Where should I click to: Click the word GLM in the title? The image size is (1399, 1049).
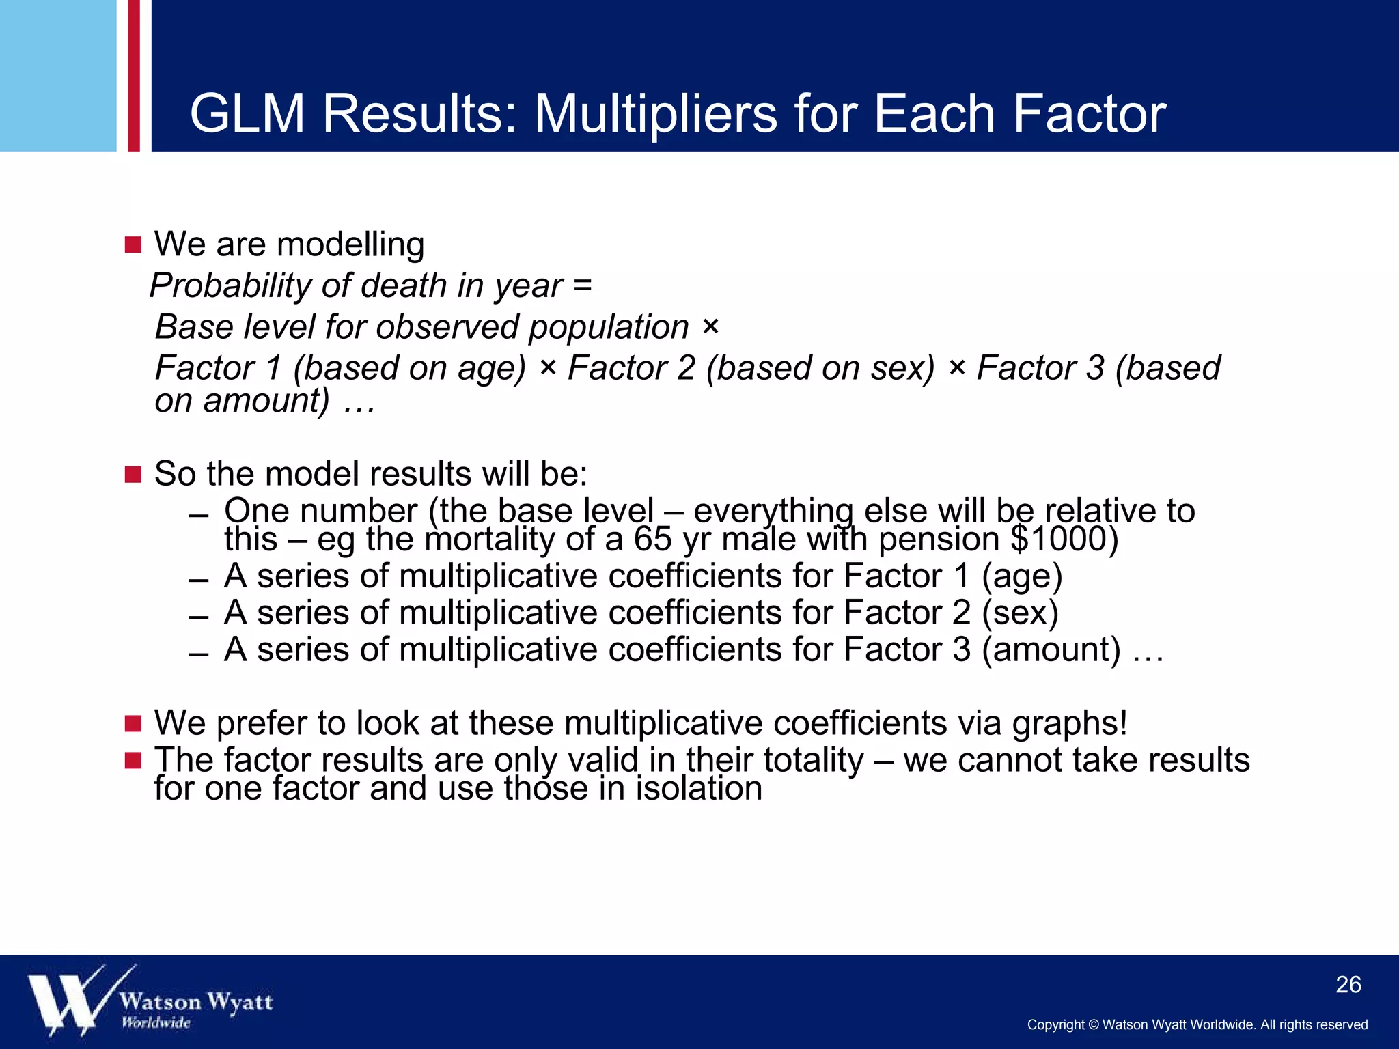pyautogui.click(x=247, y=114)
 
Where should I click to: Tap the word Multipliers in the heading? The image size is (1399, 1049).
pyautogui.click(x=655, y=114)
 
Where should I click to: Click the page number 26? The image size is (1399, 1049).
pyautogui.click(x=1348, y=985)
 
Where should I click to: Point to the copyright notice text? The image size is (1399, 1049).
pyautogui.click(x=1197, y=1024)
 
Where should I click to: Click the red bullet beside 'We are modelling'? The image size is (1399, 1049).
pyautogui.click(x=133, y=245)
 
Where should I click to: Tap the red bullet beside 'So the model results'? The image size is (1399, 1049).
pyautogui.click(x=133, y=475)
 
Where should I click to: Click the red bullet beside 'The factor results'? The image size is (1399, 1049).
pyautogui.click(x=133, y=760)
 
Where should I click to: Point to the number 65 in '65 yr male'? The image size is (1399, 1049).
pyautogui.click(x=653, y=540)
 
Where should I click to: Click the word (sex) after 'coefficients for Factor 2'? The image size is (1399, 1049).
pyautogui.click(x=1020, y=613)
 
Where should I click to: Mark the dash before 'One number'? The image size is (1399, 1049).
pyautogui.click(x=198, y=516)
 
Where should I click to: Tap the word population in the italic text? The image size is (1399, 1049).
pyautogui.click(x=609, y=327)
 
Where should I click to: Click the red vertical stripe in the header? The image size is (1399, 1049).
pyautogui.click(x=134, y=75)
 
